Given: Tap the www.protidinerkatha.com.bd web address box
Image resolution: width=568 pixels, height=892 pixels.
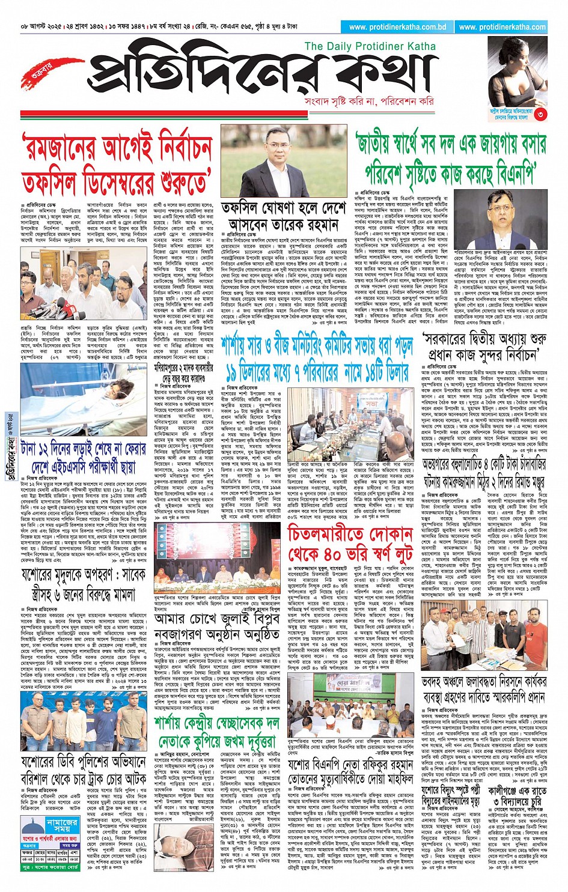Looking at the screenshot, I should click(x=397, y=27).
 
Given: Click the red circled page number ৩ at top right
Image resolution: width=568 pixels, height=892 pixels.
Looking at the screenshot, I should click(x=540, y=114).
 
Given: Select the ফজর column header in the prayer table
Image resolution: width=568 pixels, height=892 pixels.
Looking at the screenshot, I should click(x=28, y=852).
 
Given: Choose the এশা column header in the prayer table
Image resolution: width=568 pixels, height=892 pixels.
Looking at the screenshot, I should click(x=74, y=852).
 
